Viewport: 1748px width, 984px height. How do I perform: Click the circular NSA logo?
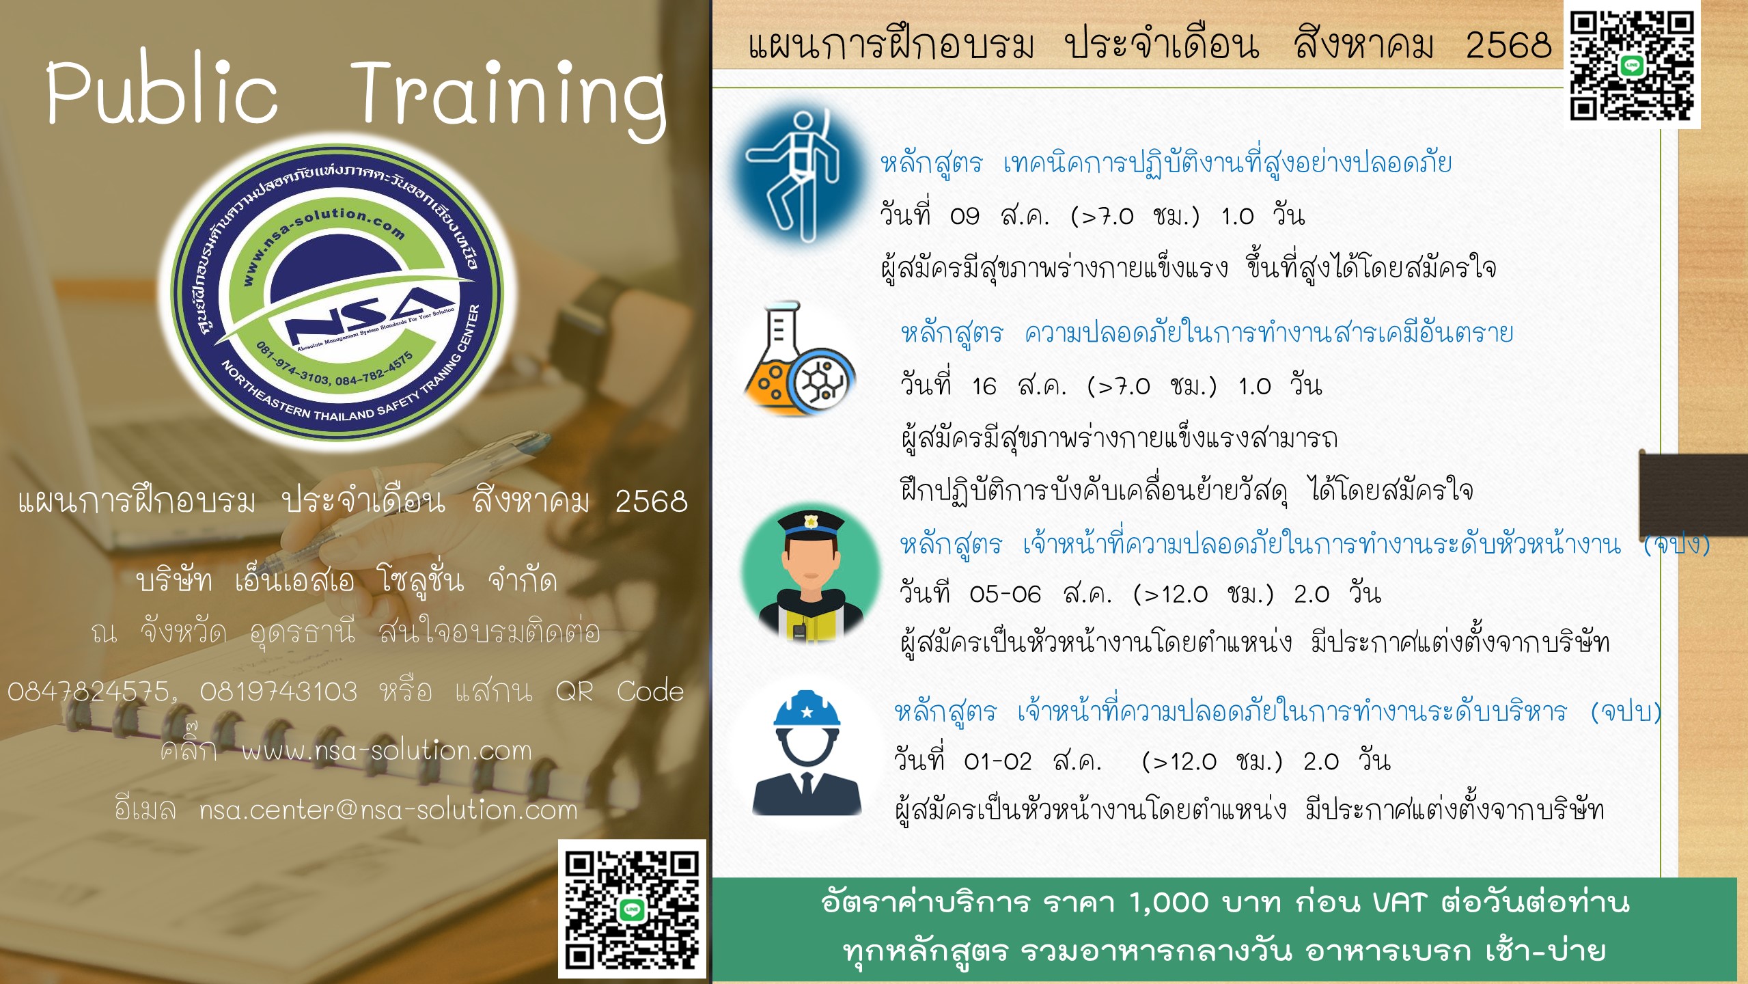click(337, 292)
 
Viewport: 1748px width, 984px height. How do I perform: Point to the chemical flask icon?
click(800, 359)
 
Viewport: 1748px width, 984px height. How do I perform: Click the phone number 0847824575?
click(89, 692)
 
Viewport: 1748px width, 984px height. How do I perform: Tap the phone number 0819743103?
click(279, 692)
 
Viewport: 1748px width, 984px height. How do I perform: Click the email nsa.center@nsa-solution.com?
click(389, 810)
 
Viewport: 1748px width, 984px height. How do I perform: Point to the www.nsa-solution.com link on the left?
click(387, 751)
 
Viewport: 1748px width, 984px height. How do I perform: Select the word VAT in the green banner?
click(1399, 903)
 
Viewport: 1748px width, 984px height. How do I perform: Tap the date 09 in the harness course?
click(965, 217)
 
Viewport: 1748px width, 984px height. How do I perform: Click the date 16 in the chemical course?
click(984, 387)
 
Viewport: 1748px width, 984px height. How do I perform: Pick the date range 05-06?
click(1005, 594)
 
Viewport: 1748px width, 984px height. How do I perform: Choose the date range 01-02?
click(998, 761)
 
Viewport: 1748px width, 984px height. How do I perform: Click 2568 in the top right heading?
click(1509, 46)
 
